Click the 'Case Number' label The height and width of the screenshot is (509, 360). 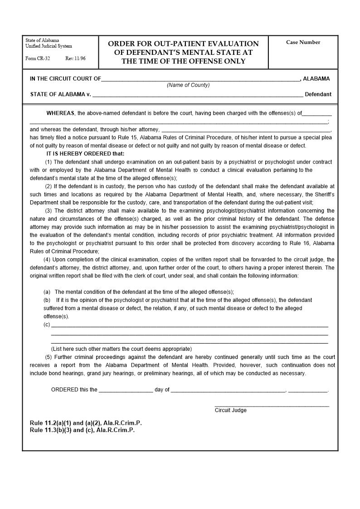[303, 42]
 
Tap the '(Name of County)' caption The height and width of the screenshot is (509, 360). [188, 85]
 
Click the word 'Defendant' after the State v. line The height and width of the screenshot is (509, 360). [318, 95]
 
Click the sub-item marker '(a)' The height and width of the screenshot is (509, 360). [47, 292]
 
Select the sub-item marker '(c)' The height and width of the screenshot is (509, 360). [47, 325]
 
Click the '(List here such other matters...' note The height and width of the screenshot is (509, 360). [121, 349]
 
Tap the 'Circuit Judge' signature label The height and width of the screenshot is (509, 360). [230, 410]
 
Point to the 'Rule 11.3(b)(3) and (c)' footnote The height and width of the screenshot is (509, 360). [82, 430]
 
